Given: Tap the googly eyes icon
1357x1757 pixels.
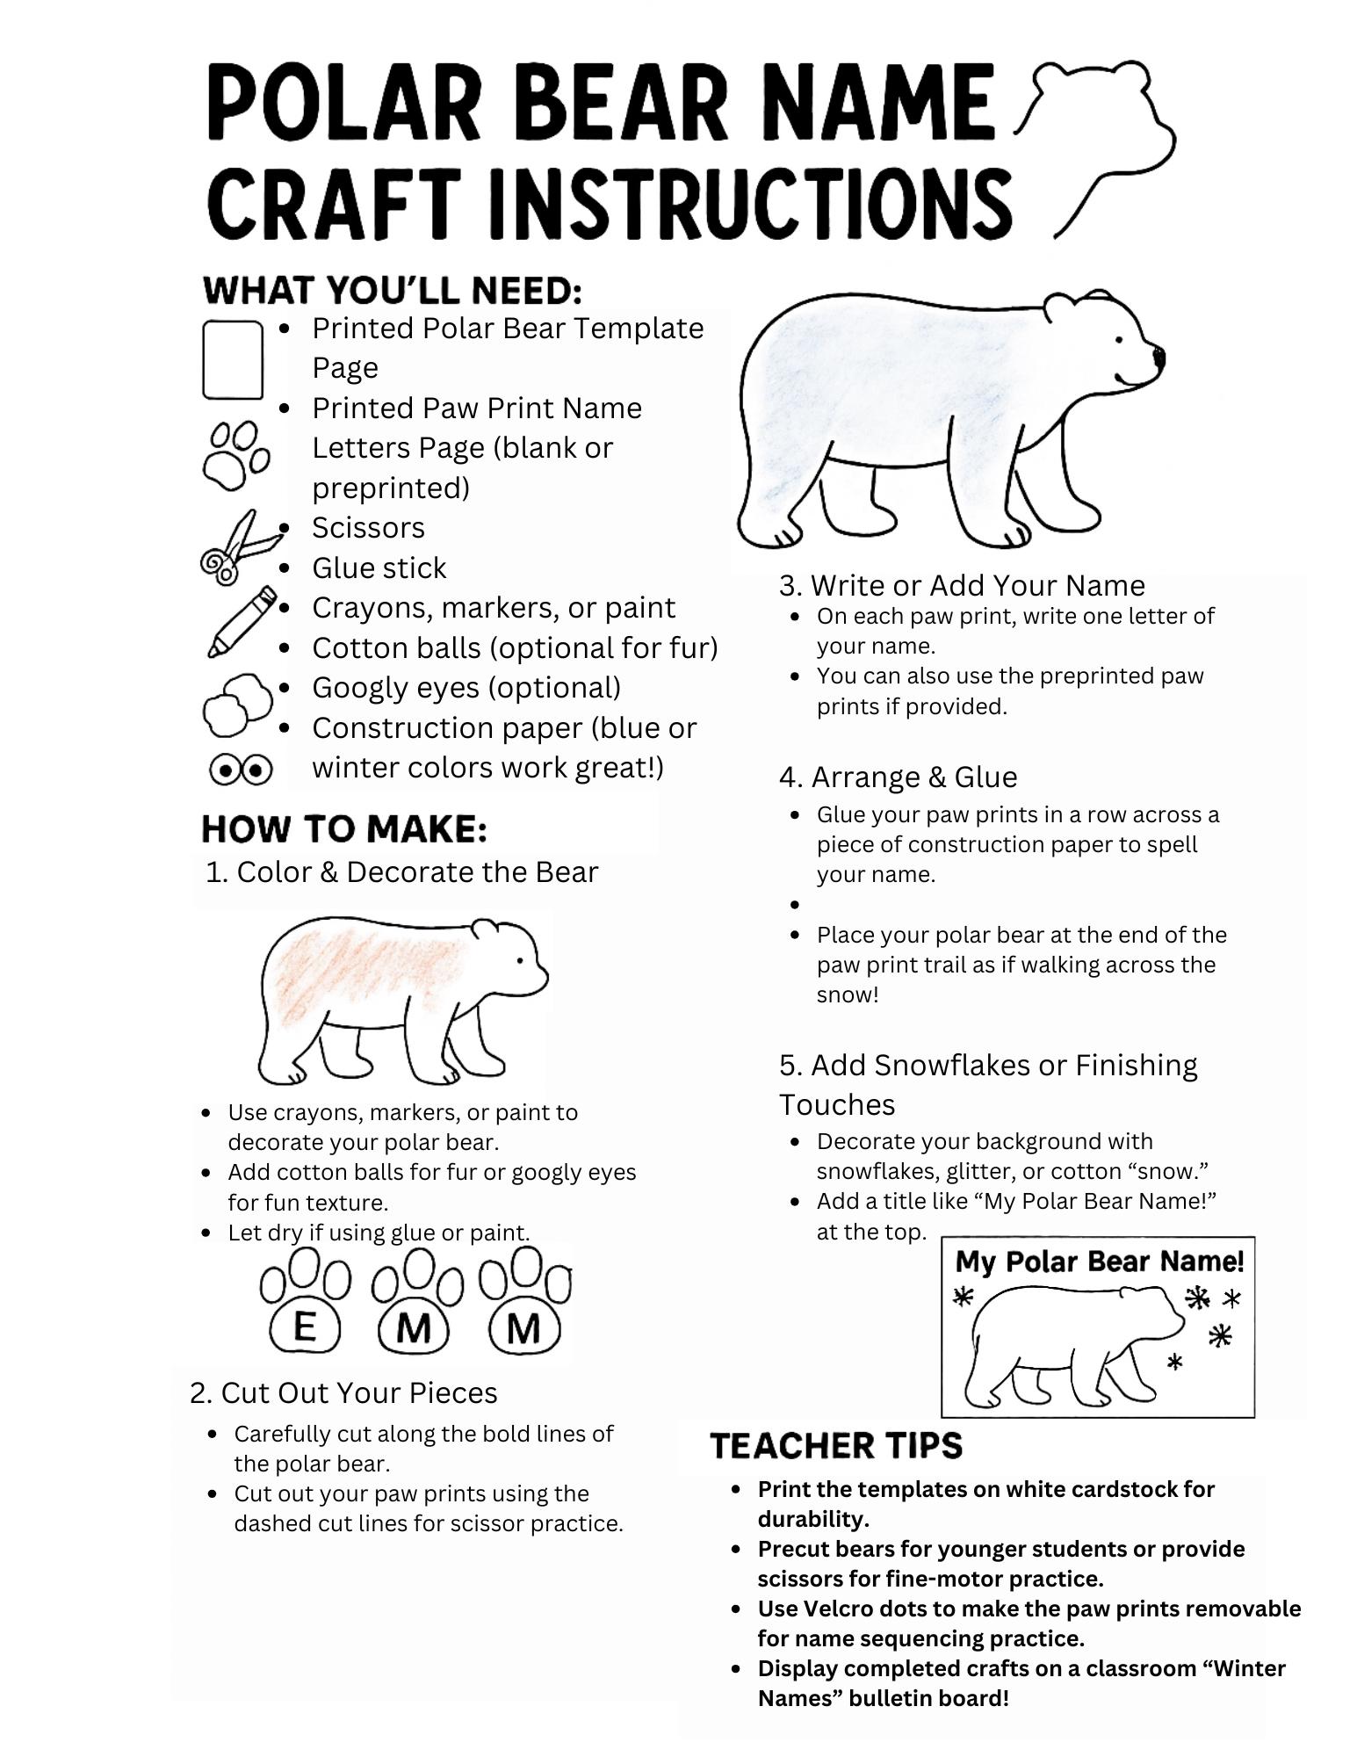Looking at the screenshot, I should (x=241, y=770).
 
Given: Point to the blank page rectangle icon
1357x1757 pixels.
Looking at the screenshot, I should (x=233, y=359).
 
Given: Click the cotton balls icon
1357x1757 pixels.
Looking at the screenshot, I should (x=237, y=704).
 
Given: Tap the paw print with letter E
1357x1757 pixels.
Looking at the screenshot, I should (x=304, y=1303).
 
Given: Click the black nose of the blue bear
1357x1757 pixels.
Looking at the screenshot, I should (x=1159, y=358).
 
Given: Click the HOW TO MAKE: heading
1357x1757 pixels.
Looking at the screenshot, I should (x=343, y=828).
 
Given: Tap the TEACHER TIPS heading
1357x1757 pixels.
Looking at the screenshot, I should (x=835, y=1445).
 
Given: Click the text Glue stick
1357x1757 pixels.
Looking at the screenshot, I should (x=379, y=568).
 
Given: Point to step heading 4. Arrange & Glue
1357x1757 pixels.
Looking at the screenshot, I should (x=898, y=777).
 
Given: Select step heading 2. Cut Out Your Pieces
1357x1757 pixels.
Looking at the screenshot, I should (x=343, y=1392).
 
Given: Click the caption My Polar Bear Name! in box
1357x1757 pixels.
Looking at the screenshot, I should (x=1099, y=1262).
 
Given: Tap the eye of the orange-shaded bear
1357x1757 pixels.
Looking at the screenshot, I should (x=520, y=960).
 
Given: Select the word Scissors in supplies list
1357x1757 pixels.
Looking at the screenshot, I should (x=368, y=527).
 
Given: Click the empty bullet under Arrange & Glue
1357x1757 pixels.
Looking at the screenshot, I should (x=795, y=904).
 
